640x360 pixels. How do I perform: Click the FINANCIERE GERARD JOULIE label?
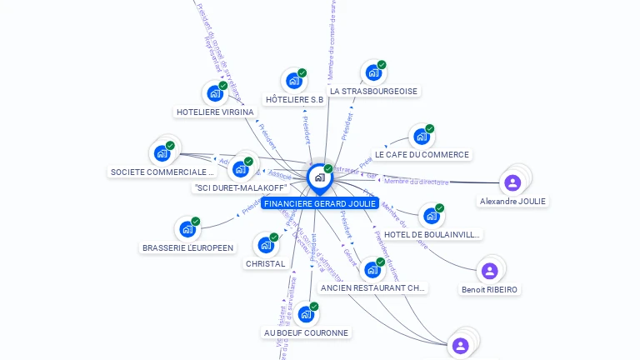coord(319,203)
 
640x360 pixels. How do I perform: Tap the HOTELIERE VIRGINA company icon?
coord(214,93)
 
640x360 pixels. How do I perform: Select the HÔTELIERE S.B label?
coord(294,100)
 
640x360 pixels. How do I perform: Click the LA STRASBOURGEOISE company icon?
coord(372,72)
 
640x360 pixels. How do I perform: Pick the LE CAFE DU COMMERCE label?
coord(422,155)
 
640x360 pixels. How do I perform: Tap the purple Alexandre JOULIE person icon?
coord(512,182)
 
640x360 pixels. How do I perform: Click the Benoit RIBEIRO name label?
coord(489,290)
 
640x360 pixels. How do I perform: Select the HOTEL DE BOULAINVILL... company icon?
coord(431,216)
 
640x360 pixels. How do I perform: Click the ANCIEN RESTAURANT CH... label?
coord(372,288)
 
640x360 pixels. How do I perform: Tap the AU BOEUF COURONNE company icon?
coord(306,314)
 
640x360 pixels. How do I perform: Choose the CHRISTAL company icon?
coord(265,245)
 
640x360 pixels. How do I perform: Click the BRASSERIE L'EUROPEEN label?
coord(187,247)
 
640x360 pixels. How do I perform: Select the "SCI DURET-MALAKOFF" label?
coord(240,188)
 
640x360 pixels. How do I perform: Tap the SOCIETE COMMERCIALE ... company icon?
coord(161,153)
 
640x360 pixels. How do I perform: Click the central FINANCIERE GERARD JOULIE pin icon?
coord(318,177)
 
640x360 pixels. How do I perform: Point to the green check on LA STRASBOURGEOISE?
coord(382,65)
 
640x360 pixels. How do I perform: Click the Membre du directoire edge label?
coord(417,182)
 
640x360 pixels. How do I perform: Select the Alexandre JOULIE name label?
coord(512,202)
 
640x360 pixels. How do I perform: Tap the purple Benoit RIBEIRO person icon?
coord(489,271)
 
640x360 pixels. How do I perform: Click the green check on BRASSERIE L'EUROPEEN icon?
coord(196,222)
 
